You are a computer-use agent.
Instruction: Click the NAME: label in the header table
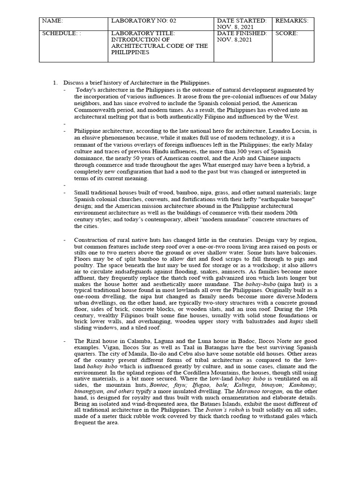tap(52, 21)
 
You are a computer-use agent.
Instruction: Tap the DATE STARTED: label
tap(241, 21)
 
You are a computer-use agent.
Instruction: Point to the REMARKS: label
tap(292, 21)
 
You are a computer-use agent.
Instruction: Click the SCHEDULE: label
tap(59, 34)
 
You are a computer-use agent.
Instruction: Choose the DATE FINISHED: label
tap(242, 34)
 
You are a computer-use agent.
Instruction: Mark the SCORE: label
tap(287, 34)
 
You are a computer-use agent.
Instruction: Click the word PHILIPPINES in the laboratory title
tap(131, 52)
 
